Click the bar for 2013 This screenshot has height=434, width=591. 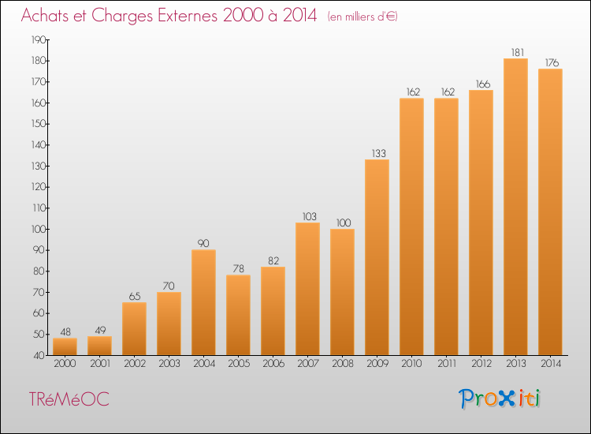(515, 207)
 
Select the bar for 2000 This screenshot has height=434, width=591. (65, 346)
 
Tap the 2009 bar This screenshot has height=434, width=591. (377, 257)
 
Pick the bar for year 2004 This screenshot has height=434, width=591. (203, 302)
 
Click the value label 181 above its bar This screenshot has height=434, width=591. (518, 52)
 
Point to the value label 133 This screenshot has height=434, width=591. (379, 153)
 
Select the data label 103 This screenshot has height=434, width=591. (310, 216)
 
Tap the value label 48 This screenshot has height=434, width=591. (65, 331)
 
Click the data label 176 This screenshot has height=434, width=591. (552, 62)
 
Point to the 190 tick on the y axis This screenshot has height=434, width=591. (38, 39)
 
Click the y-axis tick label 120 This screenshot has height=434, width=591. (38, 187)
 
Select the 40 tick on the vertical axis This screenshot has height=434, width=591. (39, 355)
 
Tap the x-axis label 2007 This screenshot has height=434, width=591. (308, 364)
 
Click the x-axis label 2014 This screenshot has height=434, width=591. (551, 364)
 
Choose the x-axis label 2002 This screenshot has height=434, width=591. (135, 364)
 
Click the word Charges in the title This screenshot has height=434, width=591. (122, 16)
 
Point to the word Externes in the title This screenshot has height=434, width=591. (188, 15)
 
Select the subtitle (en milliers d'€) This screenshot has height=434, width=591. (362, 17)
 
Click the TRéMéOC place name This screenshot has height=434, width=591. (69, 399)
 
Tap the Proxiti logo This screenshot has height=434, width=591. (500, 398)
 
